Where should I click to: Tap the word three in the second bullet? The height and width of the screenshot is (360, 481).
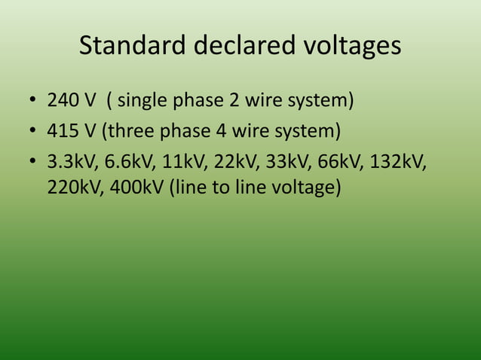(129, 132)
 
